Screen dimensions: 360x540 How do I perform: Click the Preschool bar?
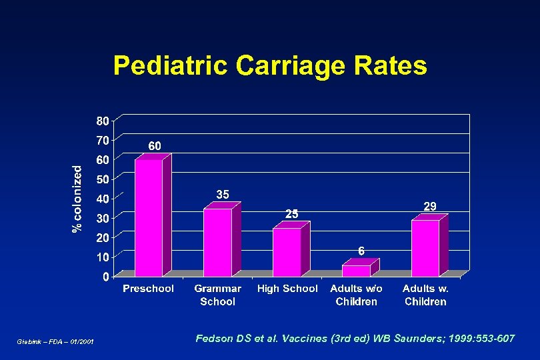pos(149,217)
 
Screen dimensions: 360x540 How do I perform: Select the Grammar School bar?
pos(217,242)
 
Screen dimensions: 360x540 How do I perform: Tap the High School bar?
pos(287,252)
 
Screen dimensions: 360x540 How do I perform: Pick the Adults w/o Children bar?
pos(356,271)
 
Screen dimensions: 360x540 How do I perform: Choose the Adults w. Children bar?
pos(425,248)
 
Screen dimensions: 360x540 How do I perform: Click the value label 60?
pos(154,145)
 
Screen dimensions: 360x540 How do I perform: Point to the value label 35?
pos(223,194)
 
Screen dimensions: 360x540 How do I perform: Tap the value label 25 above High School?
pos(292,213)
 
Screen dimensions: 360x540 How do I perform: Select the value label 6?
pos(361,251)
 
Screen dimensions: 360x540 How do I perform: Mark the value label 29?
pos(430,207)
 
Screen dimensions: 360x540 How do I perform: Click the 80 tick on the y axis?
pos(102,121)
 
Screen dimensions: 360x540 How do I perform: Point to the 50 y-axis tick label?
pos(102,179)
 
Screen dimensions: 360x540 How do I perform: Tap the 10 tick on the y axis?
pos(102,257)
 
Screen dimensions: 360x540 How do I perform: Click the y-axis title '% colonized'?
pos(78,199)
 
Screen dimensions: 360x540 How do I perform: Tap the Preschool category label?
pos(148,289)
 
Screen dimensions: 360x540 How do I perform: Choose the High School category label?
pos(287,289)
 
